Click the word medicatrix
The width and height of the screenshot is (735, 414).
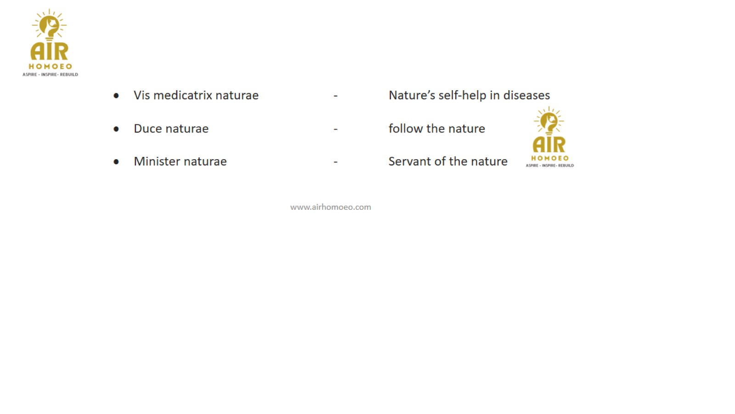(182, 95)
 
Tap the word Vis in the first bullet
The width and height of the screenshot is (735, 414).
(142, 95)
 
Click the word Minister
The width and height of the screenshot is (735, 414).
(157, 161)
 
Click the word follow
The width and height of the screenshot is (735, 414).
(406, 128)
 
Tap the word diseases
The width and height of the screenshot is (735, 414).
(526, 95)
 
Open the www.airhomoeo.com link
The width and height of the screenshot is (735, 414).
(330, 207)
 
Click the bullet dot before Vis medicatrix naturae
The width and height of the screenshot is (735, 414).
(116, 96)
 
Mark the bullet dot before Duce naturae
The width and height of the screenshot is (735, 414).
(116, 129)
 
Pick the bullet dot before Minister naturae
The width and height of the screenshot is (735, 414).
(116, 161)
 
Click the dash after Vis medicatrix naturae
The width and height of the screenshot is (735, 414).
(335, 96)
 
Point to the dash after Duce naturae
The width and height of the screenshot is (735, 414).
(335, 129)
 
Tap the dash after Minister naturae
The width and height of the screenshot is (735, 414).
(335, 162)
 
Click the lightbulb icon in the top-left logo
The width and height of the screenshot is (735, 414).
(49, 26)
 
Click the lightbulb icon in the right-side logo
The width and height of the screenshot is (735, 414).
(549, 121)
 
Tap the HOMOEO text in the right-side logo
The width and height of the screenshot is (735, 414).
(550, 158)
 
